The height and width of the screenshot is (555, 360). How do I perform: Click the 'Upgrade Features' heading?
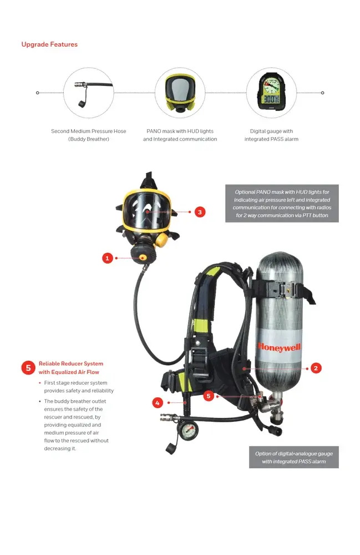49,44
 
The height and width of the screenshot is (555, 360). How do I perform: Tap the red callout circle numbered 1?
108,258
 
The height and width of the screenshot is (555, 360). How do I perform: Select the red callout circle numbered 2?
316,368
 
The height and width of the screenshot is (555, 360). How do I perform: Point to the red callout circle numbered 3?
200,211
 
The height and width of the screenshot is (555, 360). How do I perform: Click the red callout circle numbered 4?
158,403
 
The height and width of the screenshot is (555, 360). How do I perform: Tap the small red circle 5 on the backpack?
209,396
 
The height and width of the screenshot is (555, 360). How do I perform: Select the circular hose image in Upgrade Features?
89,93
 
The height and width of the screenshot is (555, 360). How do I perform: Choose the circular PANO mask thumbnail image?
180,93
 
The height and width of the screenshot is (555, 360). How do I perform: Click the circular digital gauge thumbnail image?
271,93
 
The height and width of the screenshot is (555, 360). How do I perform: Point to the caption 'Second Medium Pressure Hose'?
89,132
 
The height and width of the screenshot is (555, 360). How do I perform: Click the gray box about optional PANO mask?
282,204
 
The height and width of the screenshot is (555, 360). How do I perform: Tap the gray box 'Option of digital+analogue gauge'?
293,457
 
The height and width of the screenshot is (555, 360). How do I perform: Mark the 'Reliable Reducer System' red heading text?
70,367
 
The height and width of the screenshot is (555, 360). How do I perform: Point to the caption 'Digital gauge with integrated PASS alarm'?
271,135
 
